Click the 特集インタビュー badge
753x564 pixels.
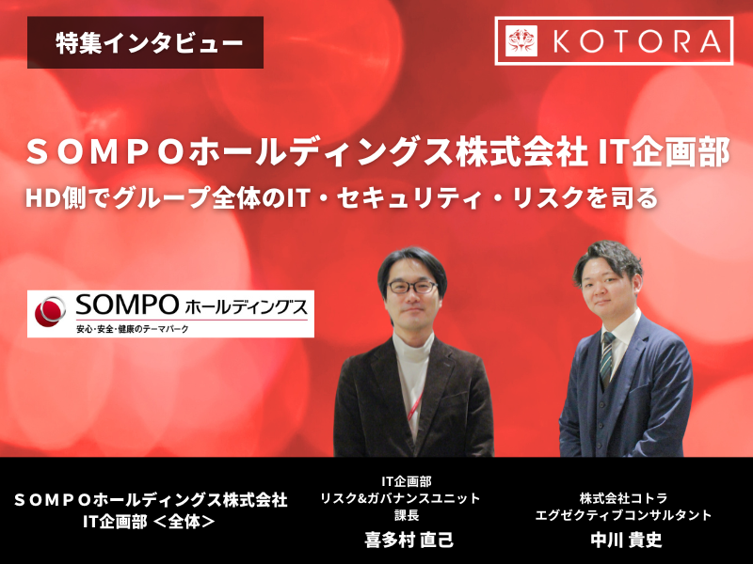tap(146, 43)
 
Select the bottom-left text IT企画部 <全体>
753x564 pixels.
tap(150, 517)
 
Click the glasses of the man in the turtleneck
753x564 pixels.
tap(412, 287)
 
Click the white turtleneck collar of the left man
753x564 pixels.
tap(413, 340)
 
